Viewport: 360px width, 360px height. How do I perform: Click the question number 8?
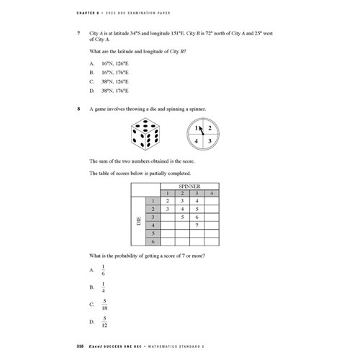click(x=78, y=109)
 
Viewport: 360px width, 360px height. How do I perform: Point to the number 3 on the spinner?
click(x=210, y=141)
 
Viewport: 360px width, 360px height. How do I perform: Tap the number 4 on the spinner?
click(x=197, y=141)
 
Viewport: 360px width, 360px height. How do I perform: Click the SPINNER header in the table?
click(x=189, y=186)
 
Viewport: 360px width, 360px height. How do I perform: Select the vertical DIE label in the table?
click(x=138, y=225)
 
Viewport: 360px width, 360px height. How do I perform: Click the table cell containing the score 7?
click(x=197, y=225)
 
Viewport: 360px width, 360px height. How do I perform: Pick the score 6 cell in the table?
click(x=197, y=217)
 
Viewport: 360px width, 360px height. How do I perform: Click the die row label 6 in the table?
click(x=152, y=243)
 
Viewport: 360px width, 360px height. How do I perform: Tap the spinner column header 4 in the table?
click(x=211, y=193)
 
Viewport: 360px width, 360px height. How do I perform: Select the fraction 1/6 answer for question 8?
click(x=104, y=269)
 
